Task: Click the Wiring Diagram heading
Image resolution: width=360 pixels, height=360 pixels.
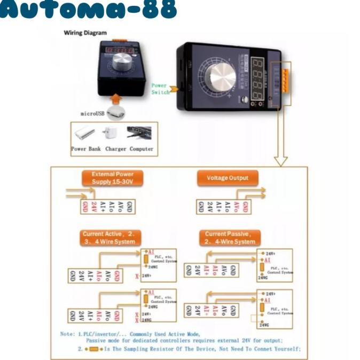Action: pos(85,33)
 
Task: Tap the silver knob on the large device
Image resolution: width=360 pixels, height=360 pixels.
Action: pos(222,79)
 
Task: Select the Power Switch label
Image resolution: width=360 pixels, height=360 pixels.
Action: pos(160,89)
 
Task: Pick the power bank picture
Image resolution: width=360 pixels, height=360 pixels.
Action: pos(85,133)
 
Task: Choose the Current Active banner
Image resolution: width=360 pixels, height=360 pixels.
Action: pos(111,238)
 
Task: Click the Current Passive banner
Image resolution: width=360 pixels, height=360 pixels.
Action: pos(230,238)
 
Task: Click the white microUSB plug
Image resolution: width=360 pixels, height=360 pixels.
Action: pos(115,113)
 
